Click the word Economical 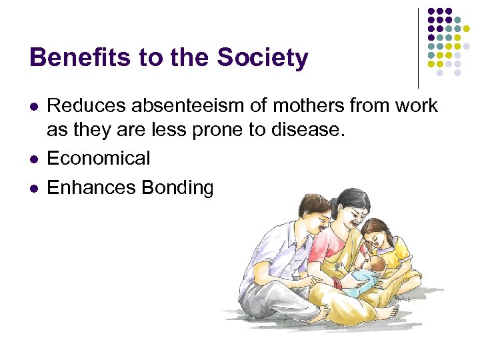[99, 159]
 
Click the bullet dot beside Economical [33, 159]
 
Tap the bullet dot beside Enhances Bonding [33, 189]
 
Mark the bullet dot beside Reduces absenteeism [33, 106]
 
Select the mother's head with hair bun [352, 207]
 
